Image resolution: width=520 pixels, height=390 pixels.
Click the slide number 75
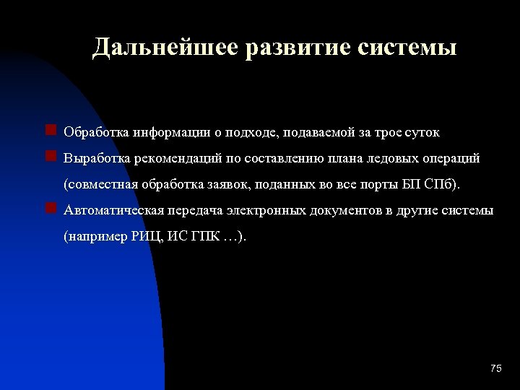(495, 369)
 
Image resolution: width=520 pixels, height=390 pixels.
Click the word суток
(420, 132)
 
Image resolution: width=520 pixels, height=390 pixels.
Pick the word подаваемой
(319, 132)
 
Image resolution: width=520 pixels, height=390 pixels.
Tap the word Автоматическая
(113, 210)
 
